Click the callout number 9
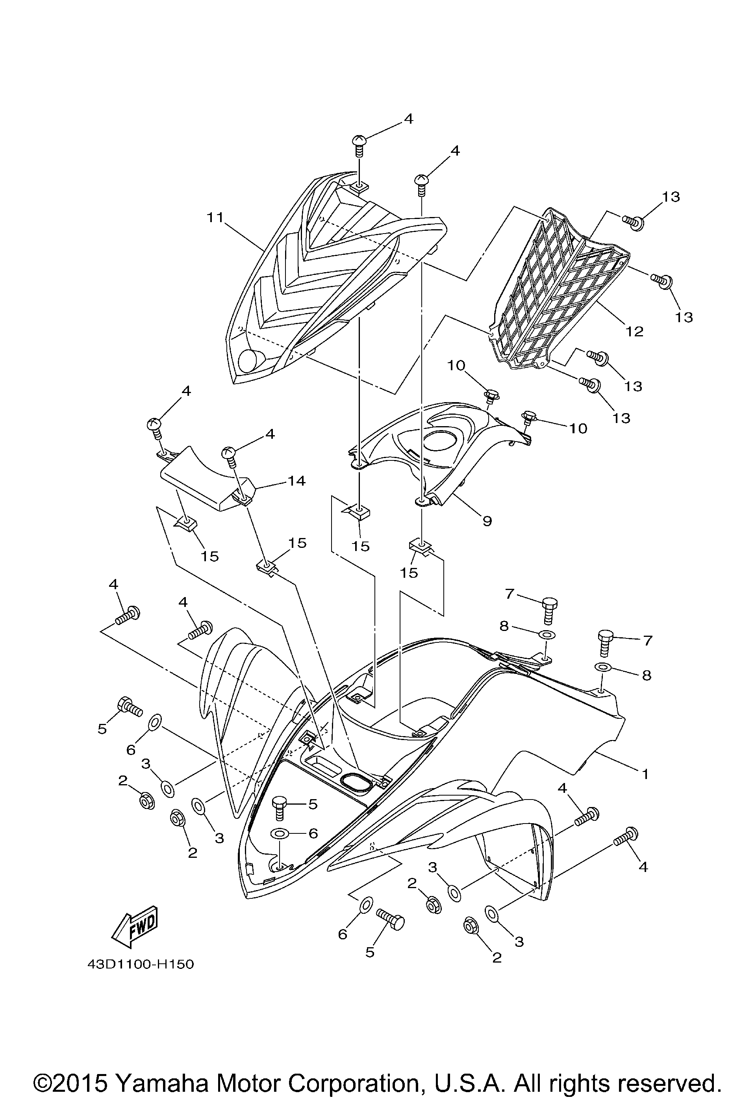[487, 521]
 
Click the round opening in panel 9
[440, 441]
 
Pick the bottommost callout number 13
[621, 418]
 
